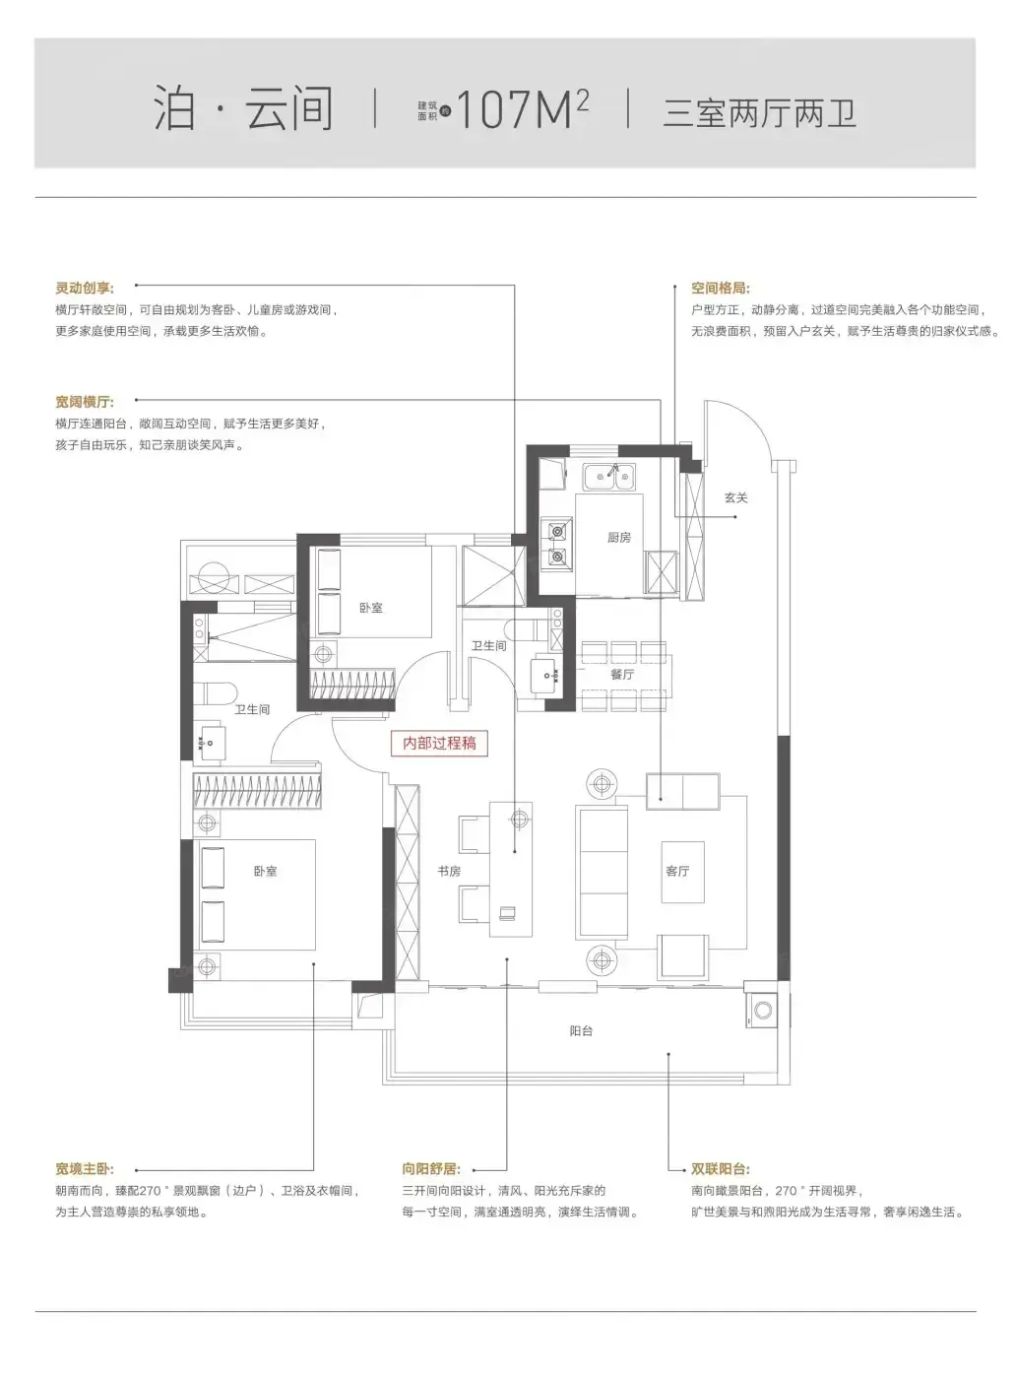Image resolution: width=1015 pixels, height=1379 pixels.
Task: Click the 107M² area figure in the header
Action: click(522, 108)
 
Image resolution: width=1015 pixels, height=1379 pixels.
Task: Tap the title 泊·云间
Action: click(243, 108)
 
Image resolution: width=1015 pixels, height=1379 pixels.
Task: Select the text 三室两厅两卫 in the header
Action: click(759, 112)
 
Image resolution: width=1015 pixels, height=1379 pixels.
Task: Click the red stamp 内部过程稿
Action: click(439, 743)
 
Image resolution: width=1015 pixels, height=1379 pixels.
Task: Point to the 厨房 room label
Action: click(619, 538)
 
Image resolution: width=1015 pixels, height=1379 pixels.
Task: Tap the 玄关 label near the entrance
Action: click(735, 497)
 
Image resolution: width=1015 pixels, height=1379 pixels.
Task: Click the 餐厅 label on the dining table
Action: click(622, 674)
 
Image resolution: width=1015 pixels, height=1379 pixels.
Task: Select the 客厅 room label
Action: click(677, 871)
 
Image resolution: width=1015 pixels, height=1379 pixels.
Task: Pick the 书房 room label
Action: click(449, 871)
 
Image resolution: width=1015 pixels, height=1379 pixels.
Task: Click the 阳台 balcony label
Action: click(581, 1030)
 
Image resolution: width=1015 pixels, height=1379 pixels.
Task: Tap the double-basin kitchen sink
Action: click(609, 476)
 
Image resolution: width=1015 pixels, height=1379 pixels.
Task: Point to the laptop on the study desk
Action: click(508, 913)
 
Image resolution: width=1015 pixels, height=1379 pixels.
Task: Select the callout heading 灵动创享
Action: click(85, 288)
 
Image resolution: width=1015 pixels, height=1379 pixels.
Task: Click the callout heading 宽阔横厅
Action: click(85, 402)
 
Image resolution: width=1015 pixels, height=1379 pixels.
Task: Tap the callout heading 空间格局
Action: click(721, 288)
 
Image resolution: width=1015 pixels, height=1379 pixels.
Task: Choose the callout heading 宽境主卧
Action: click(85, 1169)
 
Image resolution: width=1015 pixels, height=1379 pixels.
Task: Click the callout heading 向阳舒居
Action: click(431, 1169)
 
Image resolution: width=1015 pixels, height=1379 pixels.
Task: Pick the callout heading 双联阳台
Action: click(721, 1169)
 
